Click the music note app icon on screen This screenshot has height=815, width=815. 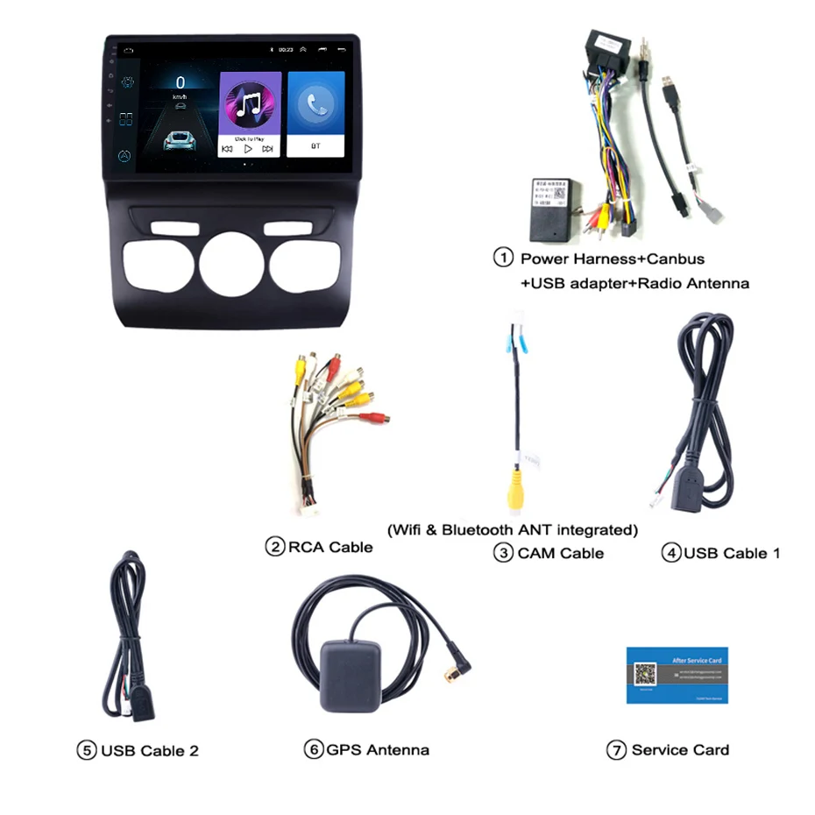[x=250, y=101]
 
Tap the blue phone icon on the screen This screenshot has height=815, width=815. [x=315, y=103]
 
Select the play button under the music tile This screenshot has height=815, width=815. [x=249, y=149]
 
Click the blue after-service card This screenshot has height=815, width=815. [x=677, y=675]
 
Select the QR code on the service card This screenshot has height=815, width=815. [x=645, y=673]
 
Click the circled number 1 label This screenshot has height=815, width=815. [x=503, y=259]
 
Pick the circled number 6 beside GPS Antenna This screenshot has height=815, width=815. [x=313, y=749]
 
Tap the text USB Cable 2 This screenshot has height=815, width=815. [x=149, y=750]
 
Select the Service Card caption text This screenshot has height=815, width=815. [x=680, y=749]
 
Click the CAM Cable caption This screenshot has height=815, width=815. [x=560, y=553]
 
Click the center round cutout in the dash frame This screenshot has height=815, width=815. [x=232, y=264]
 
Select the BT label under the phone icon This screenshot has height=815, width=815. [x=315, y=148]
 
